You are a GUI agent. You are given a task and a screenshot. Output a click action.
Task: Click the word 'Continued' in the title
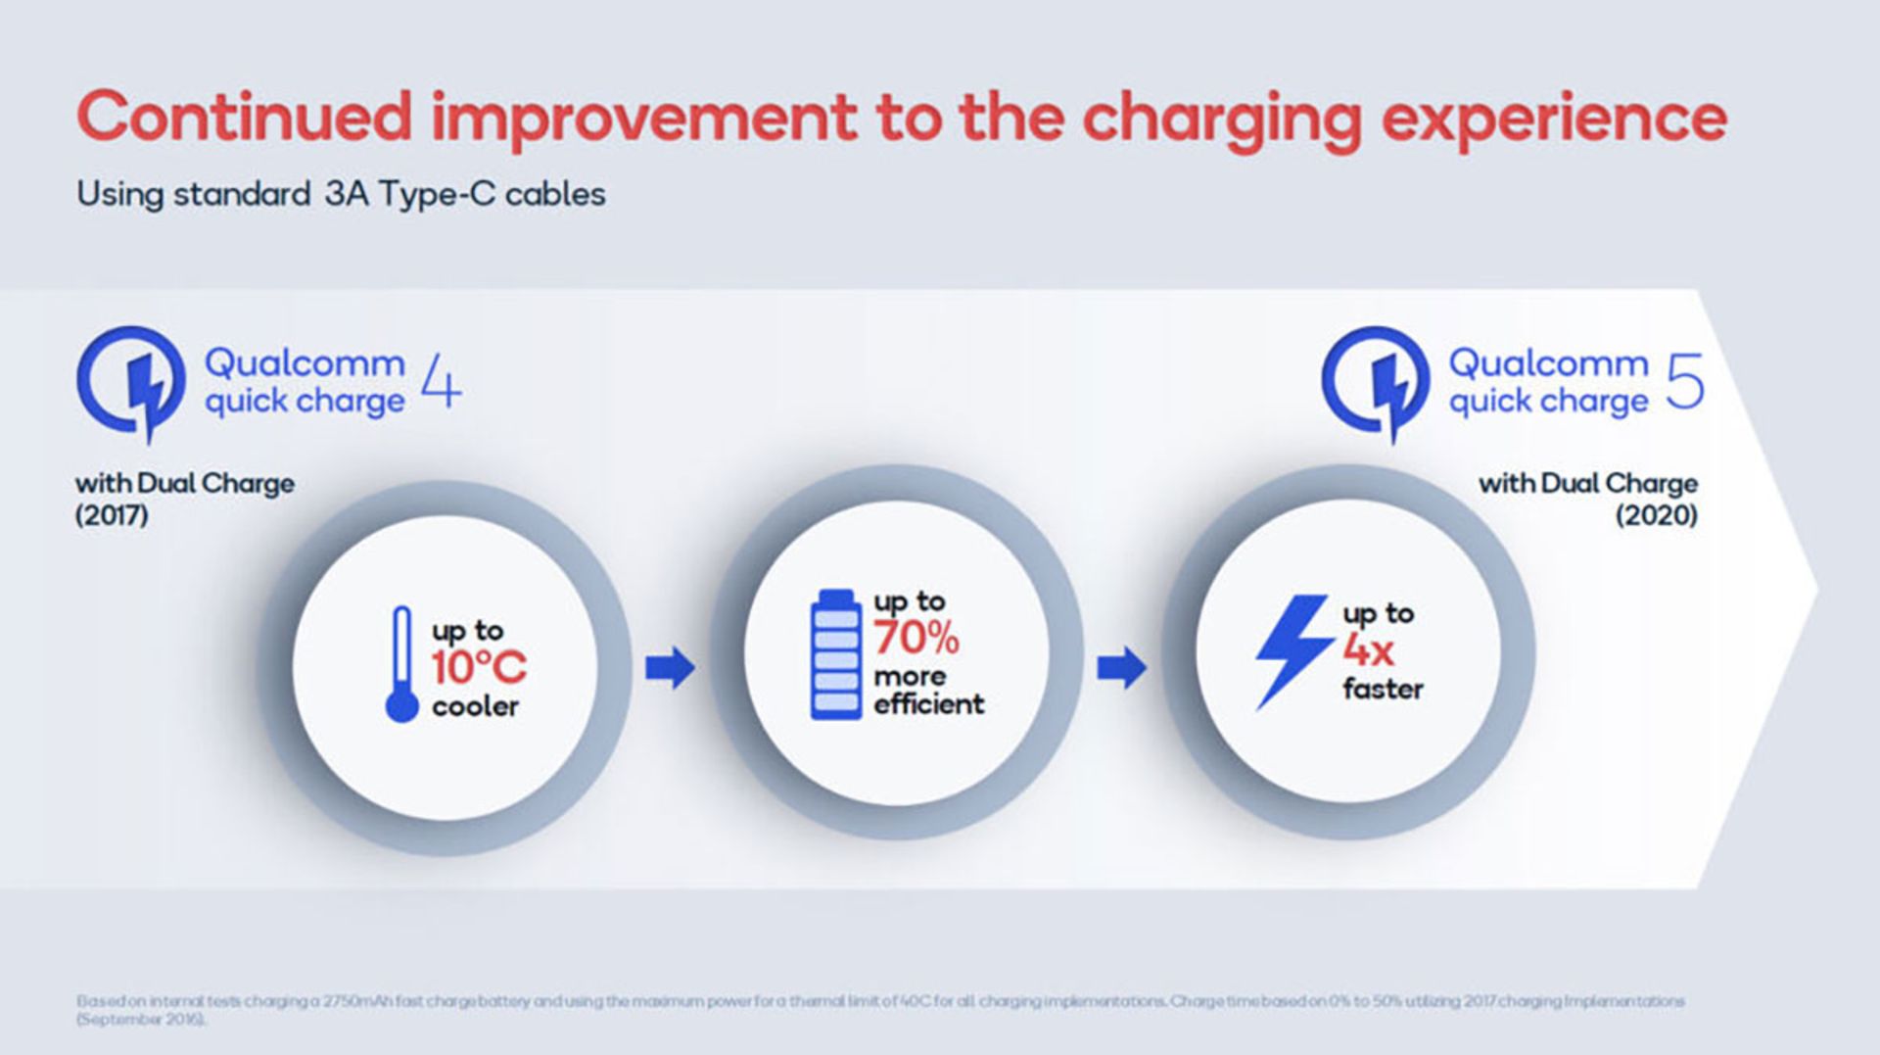pos(244,118)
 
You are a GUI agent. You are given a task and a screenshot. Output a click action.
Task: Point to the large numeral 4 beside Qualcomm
pos(441,382)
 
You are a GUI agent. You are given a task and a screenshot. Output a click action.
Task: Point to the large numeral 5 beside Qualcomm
pos(1685,382)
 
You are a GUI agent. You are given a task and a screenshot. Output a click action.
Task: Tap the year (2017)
pos(112,515)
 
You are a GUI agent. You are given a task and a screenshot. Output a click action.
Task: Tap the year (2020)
pos(1656,515)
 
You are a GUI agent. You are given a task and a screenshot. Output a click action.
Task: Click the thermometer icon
pos(401,664)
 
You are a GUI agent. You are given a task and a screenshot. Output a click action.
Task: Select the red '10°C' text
pos(479,668)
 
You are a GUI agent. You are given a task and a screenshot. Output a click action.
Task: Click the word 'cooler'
pos(475,706)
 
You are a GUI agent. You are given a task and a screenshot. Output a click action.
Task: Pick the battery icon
pos(835,654)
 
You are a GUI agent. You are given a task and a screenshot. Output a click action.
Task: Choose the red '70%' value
pos(916,639)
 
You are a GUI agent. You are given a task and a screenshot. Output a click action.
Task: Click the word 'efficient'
pos(928,704)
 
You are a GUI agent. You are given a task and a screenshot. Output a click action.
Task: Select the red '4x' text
pos(1367,649)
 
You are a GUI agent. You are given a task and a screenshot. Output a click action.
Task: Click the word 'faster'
pos(1383,689)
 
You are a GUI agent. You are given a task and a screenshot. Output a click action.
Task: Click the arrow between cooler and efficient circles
pos(671,668)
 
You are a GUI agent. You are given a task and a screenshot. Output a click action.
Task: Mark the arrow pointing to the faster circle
pos(1122,668)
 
